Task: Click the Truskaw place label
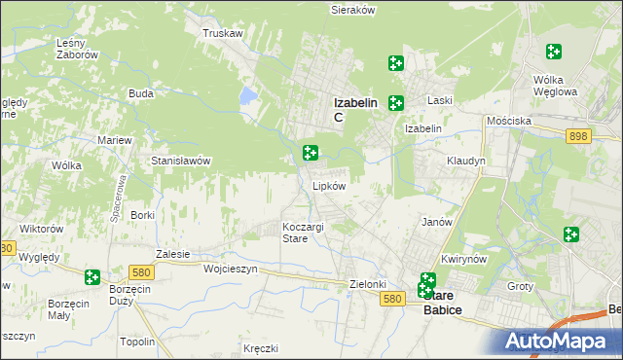(x=222, y=33)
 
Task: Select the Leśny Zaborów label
(x=78, y=49)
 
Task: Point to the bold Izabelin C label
(x=350, y=106)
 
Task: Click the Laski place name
(x=440, y=100)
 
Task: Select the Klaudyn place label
(x=465, y=161)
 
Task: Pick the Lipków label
(x=329, y=185)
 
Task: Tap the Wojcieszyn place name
(x=230, y=269)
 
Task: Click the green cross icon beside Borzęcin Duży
(x=92, y=277)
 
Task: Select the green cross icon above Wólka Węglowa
(x=554, y=52)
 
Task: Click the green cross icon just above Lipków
(x=311, y=152)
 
